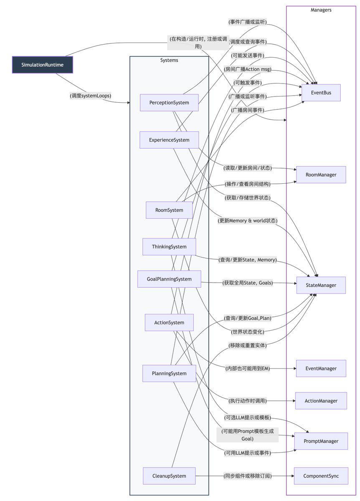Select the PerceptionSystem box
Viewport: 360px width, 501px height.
[169, 102]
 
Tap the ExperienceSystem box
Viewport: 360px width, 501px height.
[169, 140]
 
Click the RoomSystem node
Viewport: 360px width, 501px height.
[169, 210]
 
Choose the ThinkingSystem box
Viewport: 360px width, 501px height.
[169, 247]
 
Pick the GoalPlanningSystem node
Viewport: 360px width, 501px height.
[169, 279]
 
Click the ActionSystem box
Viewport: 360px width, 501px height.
[169, 322]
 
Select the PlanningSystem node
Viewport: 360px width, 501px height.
[169, 373]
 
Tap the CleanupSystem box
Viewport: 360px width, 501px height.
[169, 476]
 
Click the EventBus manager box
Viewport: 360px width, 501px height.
[321, 93]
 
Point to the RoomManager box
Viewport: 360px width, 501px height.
[321, 175]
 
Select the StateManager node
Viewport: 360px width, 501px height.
[321, 285]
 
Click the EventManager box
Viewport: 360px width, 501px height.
[321, 369]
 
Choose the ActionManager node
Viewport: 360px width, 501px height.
[321, 401]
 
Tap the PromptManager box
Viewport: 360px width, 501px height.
[321, 441]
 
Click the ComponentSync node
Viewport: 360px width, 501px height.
[321, 476]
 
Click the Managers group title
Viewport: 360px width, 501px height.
[321, 10]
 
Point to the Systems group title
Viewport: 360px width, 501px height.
[169, 61]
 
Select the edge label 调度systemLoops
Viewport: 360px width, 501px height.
[93, 96]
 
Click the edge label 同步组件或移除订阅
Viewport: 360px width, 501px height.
[247, 476]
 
